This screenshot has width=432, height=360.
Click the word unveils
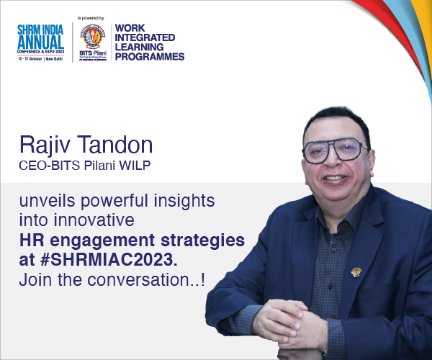48,200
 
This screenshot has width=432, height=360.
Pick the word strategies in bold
204,239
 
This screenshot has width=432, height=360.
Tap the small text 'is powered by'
91,15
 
